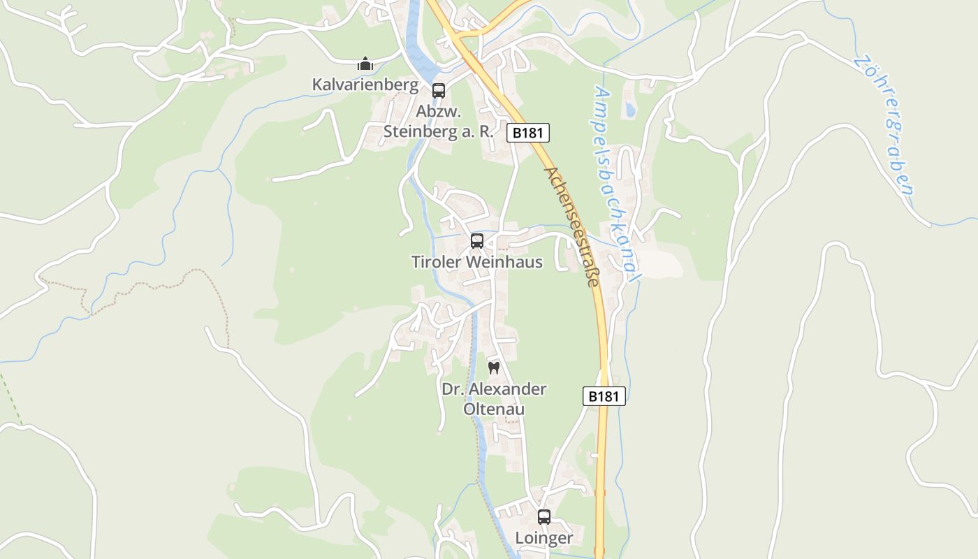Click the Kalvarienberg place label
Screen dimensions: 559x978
[365, 85]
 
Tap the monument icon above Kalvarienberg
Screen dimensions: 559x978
[365, 64]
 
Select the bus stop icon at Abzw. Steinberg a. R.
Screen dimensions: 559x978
[438, 90]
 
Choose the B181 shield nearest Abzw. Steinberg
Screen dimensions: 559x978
[527, 133]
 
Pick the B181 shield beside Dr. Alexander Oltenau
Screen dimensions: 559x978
[604, 396]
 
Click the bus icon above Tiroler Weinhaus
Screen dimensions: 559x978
[477, 241]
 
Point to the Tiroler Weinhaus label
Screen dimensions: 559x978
[476, 262]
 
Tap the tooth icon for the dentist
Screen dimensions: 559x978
[494, 368]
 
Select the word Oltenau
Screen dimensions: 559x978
[494, 409]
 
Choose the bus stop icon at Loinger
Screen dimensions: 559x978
[543, 517]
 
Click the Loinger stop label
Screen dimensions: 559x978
[543, 538]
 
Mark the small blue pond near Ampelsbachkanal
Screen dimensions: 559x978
[631, 110]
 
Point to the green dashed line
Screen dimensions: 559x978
[10, 398]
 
